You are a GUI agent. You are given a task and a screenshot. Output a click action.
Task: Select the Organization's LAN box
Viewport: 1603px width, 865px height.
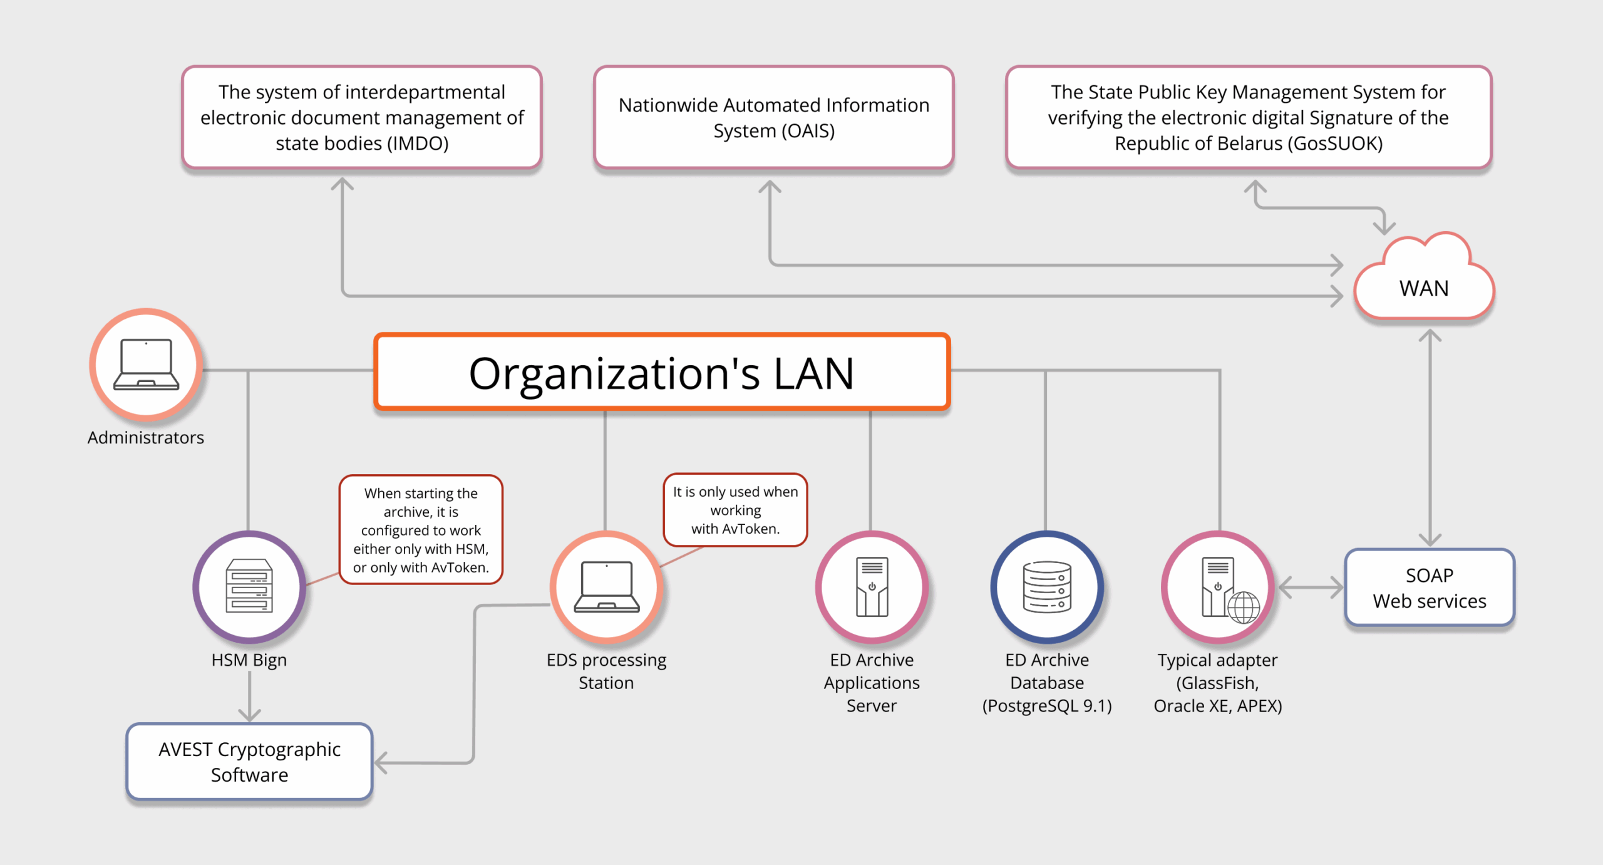click(x=662, y=373)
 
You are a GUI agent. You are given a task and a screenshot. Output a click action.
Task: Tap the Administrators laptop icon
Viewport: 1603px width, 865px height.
click(x=146, y=365)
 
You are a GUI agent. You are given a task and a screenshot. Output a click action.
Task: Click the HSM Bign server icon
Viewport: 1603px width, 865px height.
click(x=249, y=586)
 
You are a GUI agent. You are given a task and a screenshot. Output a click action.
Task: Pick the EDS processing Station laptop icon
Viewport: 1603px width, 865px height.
click(x=606, y=586)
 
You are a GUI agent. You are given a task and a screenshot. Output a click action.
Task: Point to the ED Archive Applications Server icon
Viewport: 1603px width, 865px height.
click(x=872, y=586)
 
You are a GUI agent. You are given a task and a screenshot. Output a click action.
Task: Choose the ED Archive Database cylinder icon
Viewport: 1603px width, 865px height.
click(x=1047, y=586)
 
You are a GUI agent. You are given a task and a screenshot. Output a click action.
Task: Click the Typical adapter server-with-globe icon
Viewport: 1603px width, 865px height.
click(x=1219, y=588)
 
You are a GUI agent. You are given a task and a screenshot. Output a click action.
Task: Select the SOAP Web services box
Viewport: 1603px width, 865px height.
click(x=1430, y=588)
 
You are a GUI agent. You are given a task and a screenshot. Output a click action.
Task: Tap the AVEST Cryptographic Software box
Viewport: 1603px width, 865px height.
click(x=249, y=762)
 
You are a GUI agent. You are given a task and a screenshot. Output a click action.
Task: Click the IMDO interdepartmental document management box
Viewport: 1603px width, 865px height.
click(x=362, y=118)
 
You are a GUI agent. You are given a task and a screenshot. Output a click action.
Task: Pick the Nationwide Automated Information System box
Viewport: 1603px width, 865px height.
click(x=774, y=118)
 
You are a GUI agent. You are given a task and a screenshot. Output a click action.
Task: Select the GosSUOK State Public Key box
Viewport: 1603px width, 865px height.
click(x=1249, y=118)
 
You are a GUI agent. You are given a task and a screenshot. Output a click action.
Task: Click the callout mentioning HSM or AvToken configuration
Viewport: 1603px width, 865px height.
click(x=421, y=530)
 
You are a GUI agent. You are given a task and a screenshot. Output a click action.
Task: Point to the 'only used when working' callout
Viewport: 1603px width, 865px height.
click(x=735, y=510)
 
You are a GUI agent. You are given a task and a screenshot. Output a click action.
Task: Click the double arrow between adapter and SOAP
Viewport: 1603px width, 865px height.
click(x=1311, y=588)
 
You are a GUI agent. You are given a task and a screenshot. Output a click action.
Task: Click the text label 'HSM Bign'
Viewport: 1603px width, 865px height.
click(x=249, y=660)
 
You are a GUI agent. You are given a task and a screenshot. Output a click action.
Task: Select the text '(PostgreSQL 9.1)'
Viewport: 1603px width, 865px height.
click(x=1047, y=706)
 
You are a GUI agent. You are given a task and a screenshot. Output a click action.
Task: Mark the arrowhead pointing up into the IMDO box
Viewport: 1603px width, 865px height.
click(x=342, y=184)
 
